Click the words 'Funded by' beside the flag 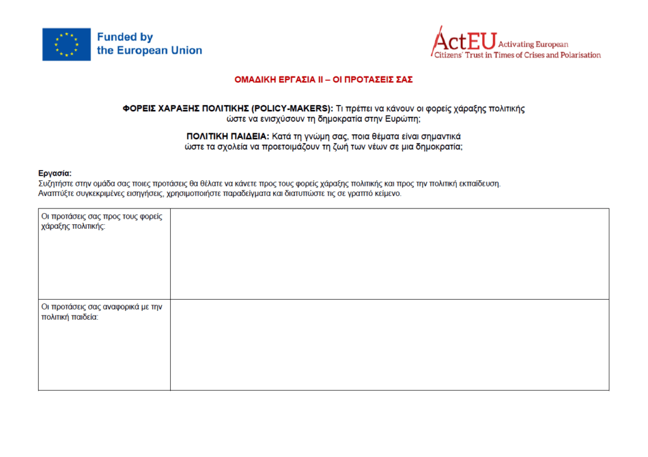[x=125, y=37]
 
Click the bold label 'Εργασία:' [x=55, y=173]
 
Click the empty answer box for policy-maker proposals [x=389, y=253]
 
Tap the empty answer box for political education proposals [x=389, y=344]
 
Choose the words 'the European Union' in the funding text [x=149, y=51]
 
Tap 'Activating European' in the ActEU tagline [x=533, y=45]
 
